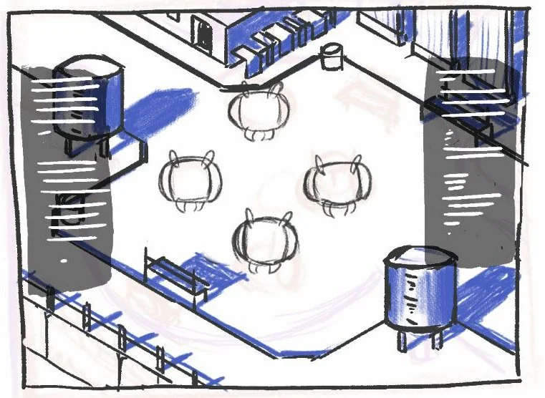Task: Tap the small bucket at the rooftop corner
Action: click(332, 56)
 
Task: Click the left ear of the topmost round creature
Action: click(246, 88)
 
